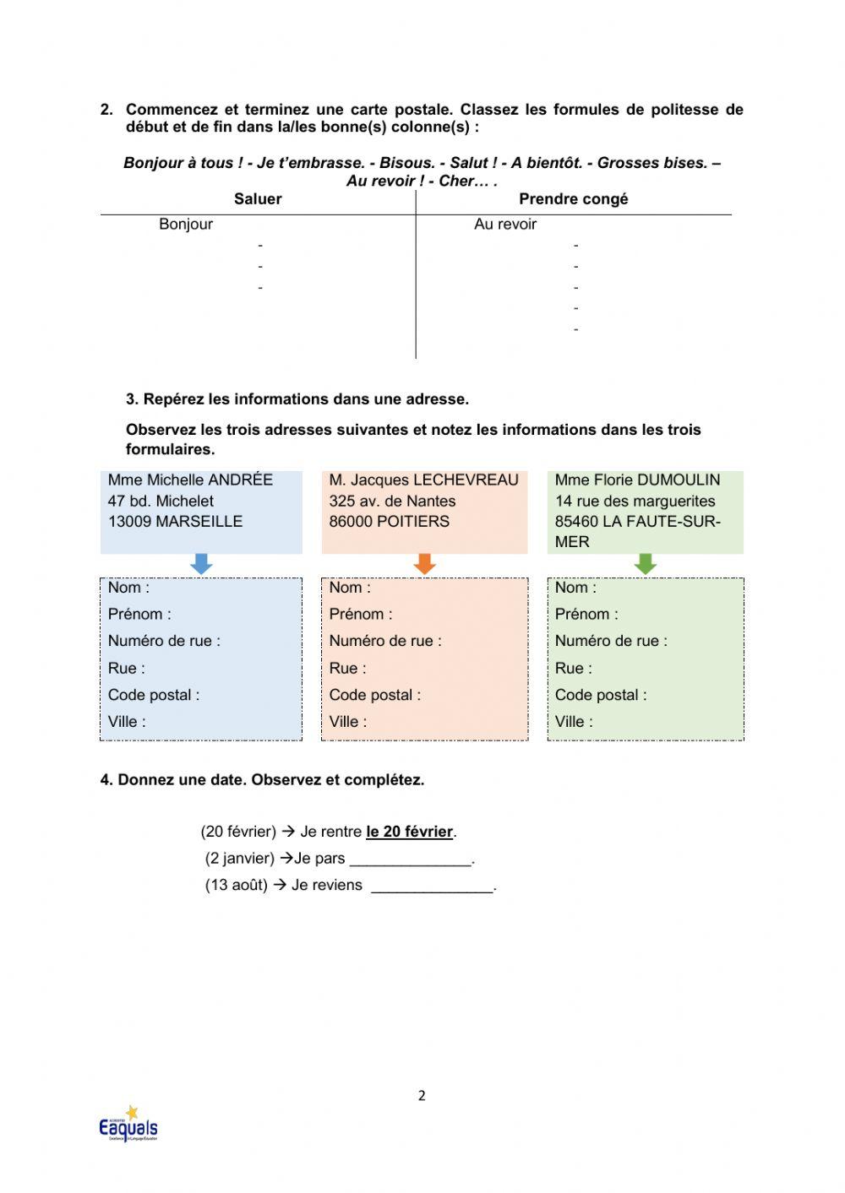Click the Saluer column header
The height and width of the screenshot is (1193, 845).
tap(258, 199)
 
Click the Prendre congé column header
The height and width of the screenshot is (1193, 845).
tap(573, 199)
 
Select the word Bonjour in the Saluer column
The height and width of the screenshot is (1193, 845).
tap(186, 225)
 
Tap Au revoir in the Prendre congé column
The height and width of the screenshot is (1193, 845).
tap(505, 225)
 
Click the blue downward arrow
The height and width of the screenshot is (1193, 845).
tap(201, 564)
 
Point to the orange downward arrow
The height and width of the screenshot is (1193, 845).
tap(425, 564)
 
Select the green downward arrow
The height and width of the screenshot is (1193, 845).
tap(646, 564)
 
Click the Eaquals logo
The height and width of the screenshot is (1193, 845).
tap(128, 1125)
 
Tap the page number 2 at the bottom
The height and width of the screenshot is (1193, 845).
tap(422, 1096)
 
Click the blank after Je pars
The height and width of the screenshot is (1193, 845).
tap(411, 860)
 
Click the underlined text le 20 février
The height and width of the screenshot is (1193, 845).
tap(410, 832)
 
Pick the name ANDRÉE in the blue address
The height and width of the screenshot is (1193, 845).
tap(241, 480)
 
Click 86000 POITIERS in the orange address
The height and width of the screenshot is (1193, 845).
tap(390, 522)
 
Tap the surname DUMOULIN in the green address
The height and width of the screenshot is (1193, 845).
tap(679, 480)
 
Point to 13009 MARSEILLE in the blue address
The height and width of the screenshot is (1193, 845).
tap(175, 522)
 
